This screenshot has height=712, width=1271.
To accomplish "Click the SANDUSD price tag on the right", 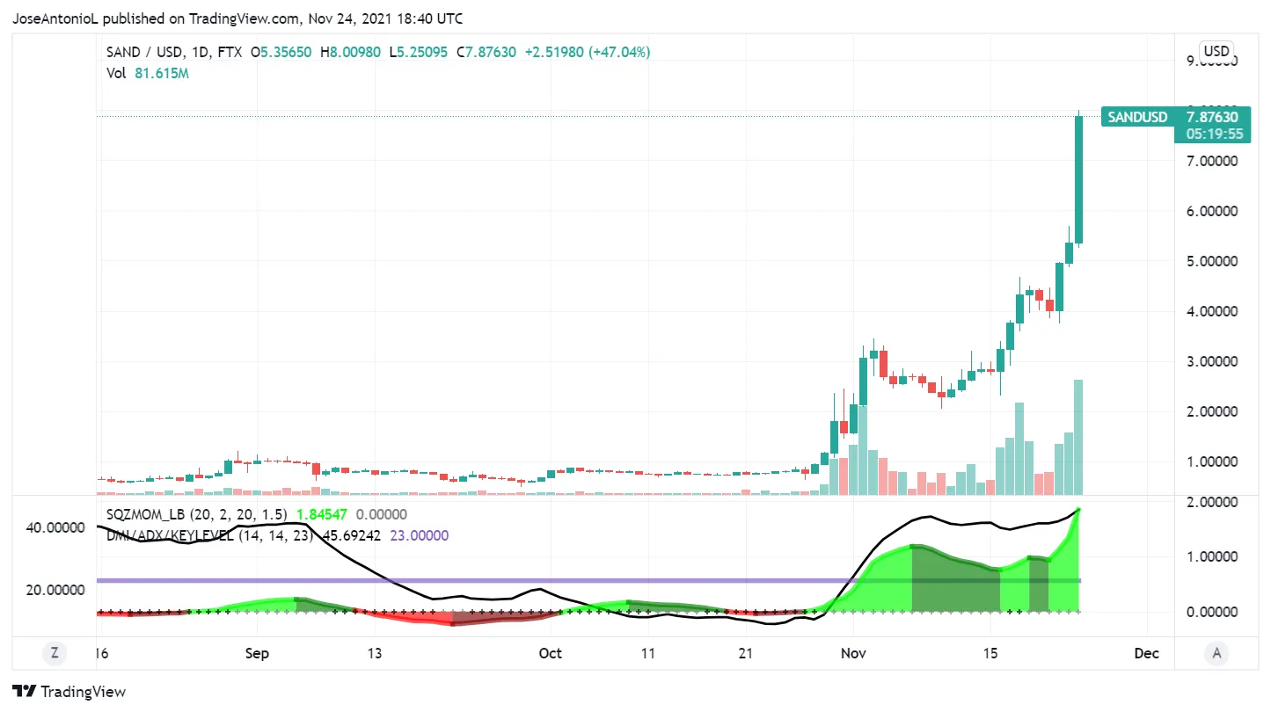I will coord(1137,117).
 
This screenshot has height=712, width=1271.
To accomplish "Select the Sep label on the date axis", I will coord(257,653).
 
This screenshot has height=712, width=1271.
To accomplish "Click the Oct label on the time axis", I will coord(550,653).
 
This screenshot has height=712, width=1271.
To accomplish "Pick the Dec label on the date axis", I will coord(1145,653).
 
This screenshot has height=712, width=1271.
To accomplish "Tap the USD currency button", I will coord(1216,51).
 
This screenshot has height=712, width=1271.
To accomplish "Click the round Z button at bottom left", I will coord(55,653).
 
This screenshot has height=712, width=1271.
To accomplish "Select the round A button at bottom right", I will coord(1216,653).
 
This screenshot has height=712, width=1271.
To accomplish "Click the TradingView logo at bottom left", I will coord(69,692).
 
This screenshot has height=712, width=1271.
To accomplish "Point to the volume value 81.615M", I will coord(162,73).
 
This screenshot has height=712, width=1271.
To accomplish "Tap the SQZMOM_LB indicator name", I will coord(146,514).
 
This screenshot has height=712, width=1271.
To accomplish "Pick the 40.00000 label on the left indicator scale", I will coord(55,527).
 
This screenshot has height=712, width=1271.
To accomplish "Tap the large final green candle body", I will coord(1077,180).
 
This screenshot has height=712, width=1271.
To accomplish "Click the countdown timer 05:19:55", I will coord(1213,134).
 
